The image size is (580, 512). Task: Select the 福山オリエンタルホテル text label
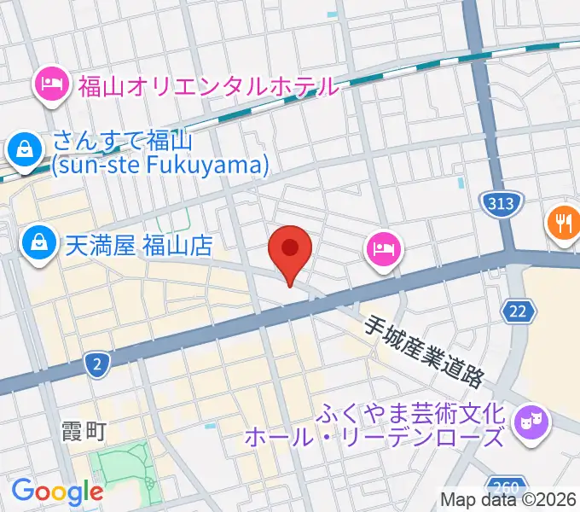click(208, 85)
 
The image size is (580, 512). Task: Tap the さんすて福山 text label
click(124, 140)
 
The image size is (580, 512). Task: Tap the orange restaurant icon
click(563, 224)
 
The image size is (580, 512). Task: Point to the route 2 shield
click(98, 366)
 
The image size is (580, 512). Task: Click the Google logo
click(57, 492)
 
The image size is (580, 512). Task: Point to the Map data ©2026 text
click(509, 499)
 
